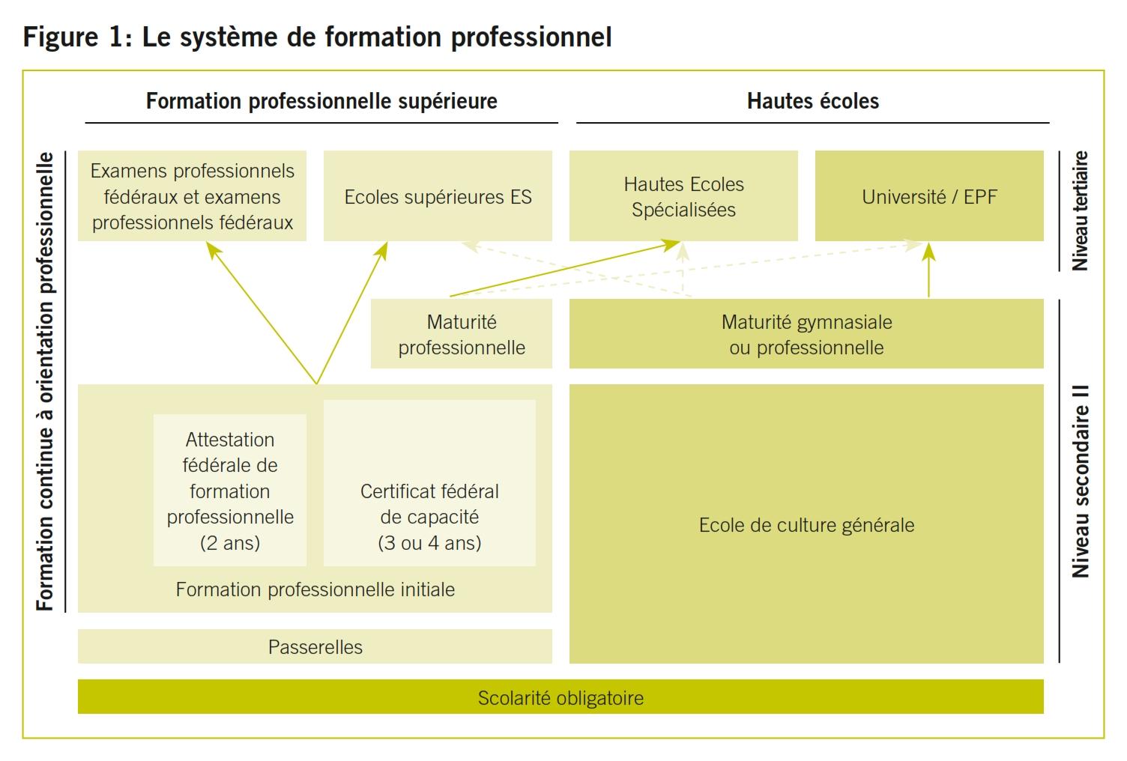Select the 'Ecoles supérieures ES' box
tap(438, 197)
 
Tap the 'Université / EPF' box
tap(929, 197)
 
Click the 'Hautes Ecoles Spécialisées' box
tap(683, 196)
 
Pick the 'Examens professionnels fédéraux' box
tap(192, 196)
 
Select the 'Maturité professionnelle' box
tap(462, 334)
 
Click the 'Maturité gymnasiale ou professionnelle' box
tap(806, 334)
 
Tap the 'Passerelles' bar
tap(315, 647)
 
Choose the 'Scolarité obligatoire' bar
tap(561, 697)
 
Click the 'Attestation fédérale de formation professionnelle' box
tap(230, 491)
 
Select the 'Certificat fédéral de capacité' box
tap(429, 517)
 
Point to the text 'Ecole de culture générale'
tap(806, 525)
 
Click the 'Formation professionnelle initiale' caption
tap(315, 590)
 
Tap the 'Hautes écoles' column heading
tap(813, 101)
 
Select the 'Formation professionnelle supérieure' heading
tap(321, 101)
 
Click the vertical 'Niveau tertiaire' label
tap(1080, 210)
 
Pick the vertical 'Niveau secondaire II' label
tap(1080, 481)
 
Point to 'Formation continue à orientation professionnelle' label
tap(46, 382)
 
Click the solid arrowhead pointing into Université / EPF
tap(928, 251)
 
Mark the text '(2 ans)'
tap(230, 543)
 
